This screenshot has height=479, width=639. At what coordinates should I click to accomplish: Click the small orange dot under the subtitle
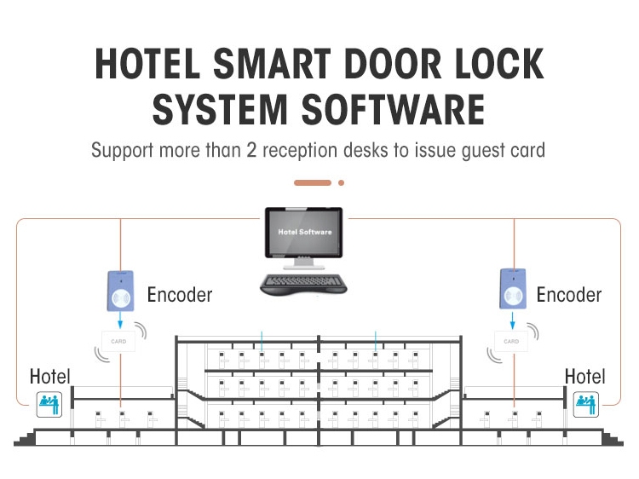341,182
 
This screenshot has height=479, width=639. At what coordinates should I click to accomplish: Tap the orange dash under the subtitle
312,182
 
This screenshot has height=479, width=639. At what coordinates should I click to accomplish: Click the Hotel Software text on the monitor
304,232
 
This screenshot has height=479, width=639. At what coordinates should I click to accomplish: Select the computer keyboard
303,283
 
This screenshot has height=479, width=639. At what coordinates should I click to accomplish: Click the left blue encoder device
120,291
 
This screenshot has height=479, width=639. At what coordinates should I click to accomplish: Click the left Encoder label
179,295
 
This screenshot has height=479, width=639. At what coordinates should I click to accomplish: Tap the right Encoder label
569,295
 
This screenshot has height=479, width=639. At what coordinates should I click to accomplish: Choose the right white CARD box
511,341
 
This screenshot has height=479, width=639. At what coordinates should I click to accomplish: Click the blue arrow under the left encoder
120,320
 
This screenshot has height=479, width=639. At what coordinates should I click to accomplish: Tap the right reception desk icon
585,403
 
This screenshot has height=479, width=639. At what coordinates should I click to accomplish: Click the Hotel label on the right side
584,376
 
